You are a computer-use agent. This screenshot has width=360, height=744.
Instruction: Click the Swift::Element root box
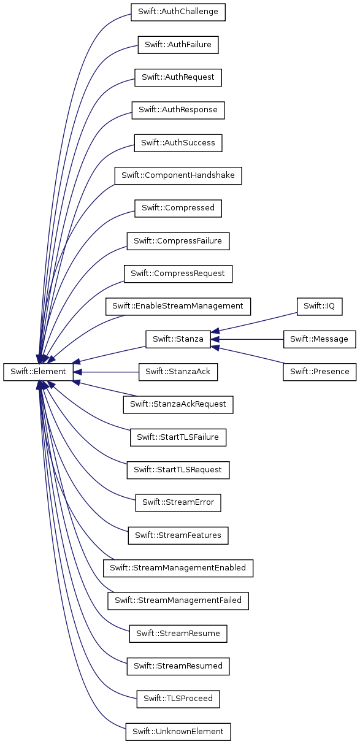(x=38, y=372)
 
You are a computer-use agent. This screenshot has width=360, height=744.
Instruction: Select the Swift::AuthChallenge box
(x=178, y=12)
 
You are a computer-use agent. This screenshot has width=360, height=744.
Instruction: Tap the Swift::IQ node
(x=319, y=306)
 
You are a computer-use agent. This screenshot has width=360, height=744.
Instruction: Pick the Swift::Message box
(x=319, y=339)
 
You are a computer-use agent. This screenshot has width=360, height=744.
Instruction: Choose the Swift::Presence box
(x=320, y=372)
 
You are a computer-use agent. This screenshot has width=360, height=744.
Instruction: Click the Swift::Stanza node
(x=178, y=339)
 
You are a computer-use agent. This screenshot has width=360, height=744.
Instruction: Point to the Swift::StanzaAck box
(x=178, y=372)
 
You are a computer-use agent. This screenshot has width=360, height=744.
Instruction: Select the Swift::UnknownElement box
(x=178, y=732)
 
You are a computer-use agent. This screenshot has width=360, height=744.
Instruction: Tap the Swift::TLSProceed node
(x=178, y=699)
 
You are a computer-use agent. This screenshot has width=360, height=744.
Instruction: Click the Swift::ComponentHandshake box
(x=178, y=175)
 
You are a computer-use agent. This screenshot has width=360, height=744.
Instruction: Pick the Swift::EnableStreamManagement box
(x=178, y=306)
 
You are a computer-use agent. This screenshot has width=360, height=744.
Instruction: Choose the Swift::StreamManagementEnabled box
(x=178, y=568)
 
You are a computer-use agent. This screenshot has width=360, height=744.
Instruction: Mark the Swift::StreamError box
(x=178, y=502)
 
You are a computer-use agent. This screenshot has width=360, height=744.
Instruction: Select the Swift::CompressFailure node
(x=178, y=241)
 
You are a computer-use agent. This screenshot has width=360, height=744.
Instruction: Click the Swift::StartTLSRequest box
(x=178, y=470)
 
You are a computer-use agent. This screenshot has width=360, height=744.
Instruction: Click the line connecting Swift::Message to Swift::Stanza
(x=247, y=339)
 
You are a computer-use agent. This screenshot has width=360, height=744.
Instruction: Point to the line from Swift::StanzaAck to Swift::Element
(x=106, y=372)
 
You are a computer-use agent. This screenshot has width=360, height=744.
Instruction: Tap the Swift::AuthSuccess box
(x=178, y=143)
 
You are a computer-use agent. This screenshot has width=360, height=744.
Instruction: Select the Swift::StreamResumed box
(x=178, y=666)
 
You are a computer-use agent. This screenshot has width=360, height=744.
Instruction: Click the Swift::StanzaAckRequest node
(x=178, y=405)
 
